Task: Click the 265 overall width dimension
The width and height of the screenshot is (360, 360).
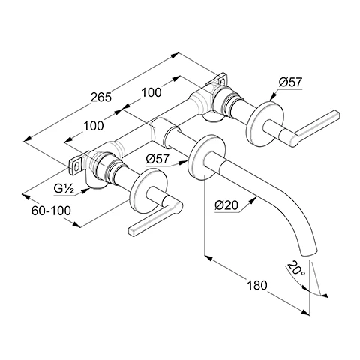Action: point(101,97)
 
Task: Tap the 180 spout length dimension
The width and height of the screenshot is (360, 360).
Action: point(257,285)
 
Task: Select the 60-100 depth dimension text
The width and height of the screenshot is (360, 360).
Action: point(51,211)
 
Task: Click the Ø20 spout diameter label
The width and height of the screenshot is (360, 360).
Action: point(226,205)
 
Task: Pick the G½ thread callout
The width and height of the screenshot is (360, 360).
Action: point(64,189)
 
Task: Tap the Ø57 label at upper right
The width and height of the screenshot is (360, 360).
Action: point(290,82)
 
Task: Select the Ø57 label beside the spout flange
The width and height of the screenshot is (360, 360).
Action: point(157,159)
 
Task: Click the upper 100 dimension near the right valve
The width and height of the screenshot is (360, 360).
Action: point(151,92)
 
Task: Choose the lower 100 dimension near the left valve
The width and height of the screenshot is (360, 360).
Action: point(93,126)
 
